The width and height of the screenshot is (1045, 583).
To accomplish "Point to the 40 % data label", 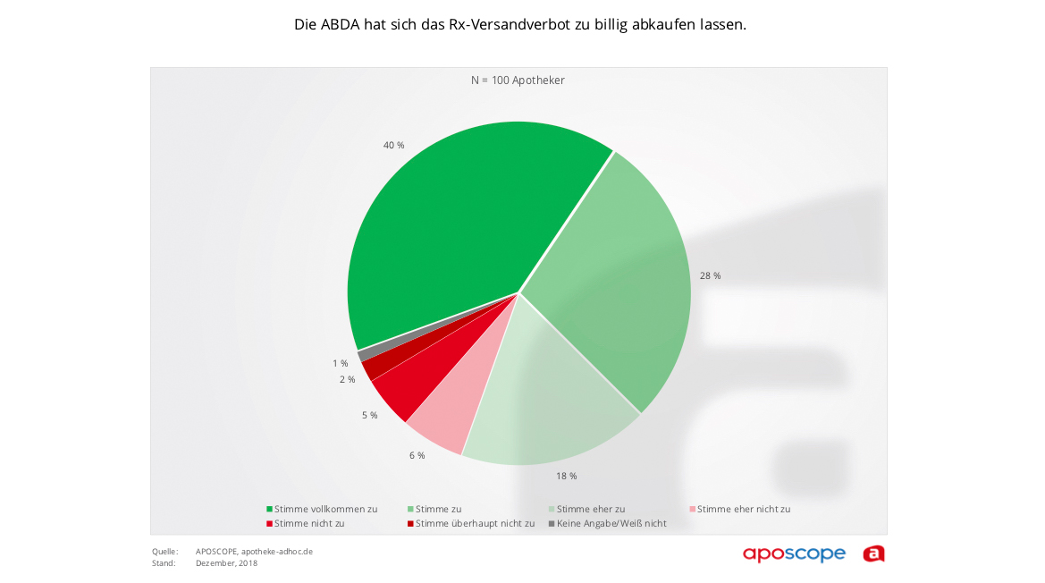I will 394,145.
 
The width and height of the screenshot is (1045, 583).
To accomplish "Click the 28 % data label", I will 711,275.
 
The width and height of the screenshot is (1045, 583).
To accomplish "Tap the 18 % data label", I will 567,476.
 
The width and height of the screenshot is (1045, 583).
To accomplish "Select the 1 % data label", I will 340,363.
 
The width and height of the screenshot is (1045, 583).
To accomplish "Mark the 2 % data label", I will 347,379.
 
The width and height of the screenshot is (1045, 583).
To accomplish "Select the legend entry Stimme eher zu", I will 590,509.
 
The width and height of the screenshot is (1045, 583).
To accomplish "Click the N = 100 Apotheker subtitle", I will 518,80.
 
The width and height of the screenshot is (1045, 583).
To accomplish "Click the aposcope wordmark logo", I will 794,553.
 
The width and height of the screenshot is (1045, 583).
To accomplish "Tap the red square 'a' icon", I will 873,553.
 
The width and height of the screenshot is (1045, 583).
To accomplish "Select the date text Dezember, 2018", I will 226,562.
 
